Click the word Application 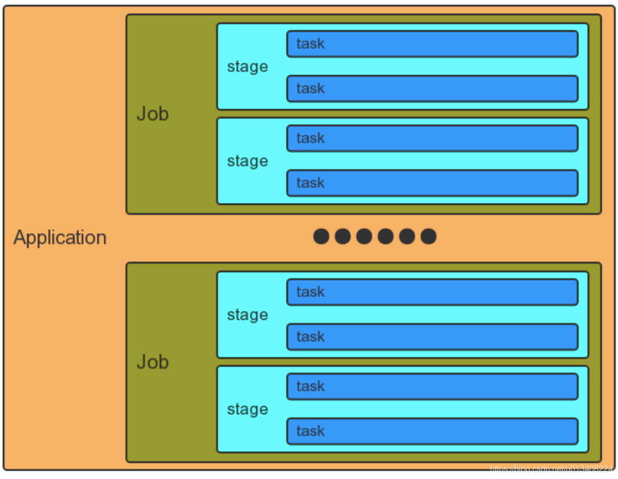pyautogui.click(x=60, y=237)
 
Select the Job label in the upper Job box pyautogui.click(x=152, y=114)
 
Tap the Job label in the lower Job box pyautogui.click(x=152, y=362)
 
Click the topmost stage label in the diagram pyautogui.click(x=247, y=67)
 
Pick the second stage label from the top pyautogui.click(x=247, y=161)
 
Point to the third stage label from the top pyautogui.click(x=247, y=315)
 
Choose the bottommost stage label pyautogui.click(x=247, y=410)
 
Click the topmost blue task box pyautogui.click(x=432, y=44)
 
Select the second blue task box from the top pyautogui.click(x=432, y=89)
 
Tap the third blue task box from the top pyautogui.click(x=432, y=138)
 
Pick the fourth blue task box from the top pyautogui.click(x=432, y=183)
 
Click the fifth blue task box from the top pyautogui.click(x=432, y=292)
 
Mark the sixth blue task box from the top pyautogui.click(x=432, y=337)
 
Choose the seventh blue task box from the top pyautogui.click(x=432, y=387)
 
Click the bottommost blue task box pyautogui.click(x=432, y=432)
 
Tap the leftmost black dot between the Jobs pyautogui.click(x=321, y=236)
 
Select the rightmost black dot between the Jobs pyautogui.click(x=429, y=236)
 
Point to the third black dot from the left pyautogui.click(x=364, y=236)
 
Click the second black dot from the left pyautogui.click(x=342, y=236)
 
